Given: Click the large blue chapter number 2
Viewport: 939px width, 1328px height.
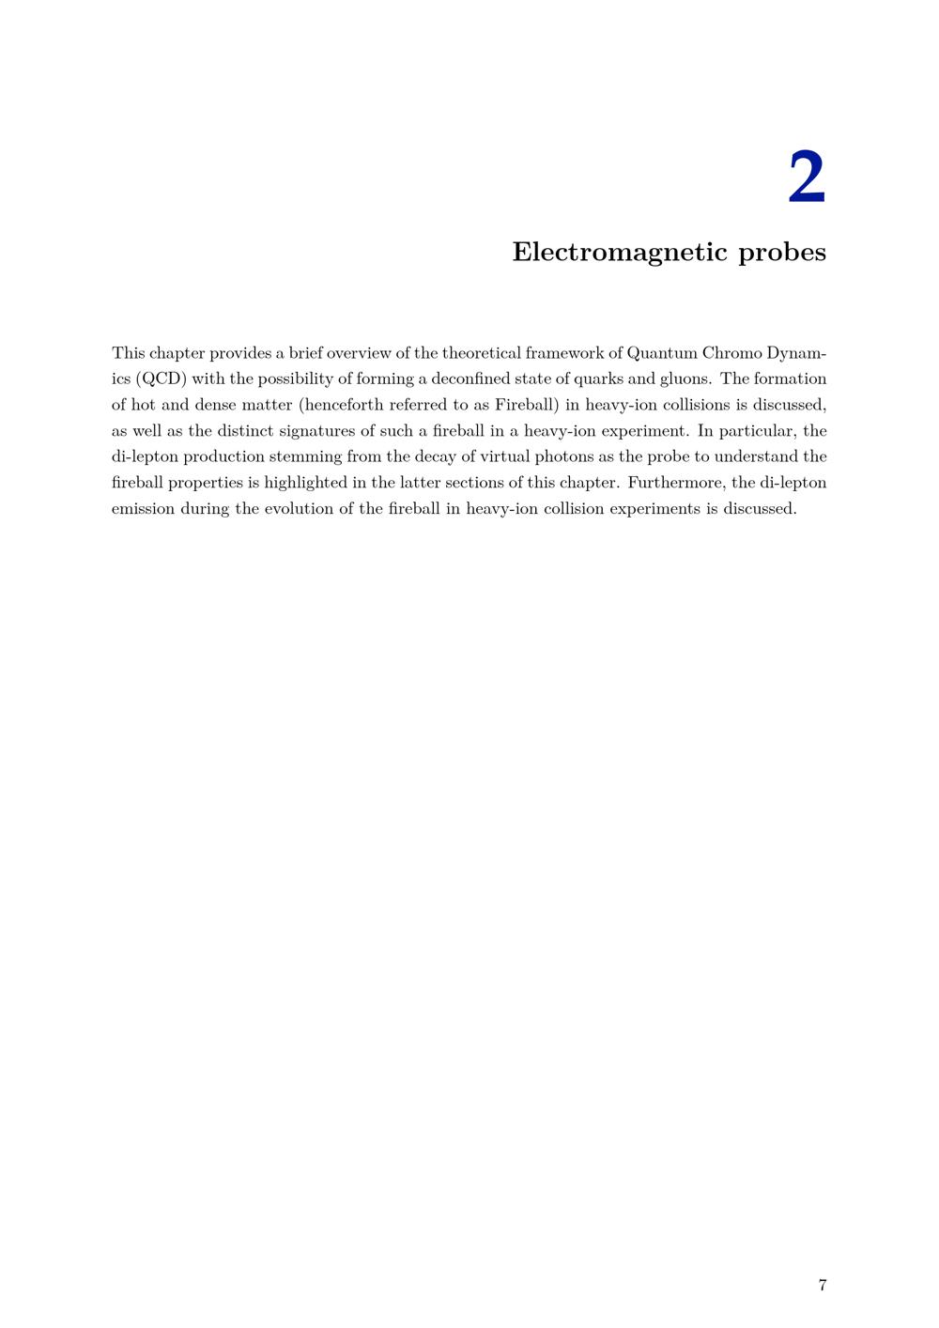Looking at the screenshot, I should point(806,178).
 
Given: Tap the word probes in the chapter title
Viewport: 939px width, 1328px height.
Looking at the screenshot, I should point(782,253).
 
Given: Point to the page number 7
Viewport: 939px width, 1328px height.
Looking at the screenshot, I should point(823,1285).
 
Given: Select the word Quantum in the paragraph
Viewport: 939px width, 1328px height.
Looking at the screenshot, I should point(662,353).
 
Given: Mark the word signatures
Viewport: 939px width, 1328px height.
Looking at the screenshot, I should point(317,431).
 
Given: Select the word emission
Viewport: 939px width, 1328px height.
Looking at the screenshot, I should point(143,509).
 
